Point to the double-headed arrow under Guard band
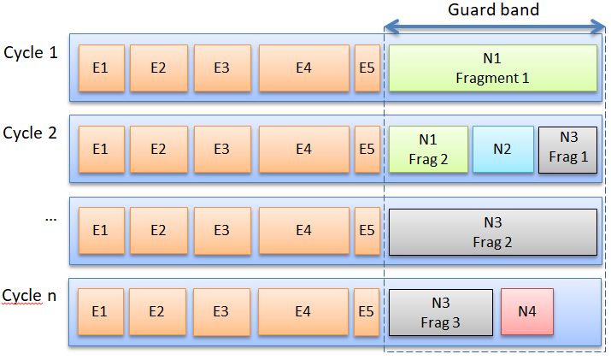(x=495, y=27)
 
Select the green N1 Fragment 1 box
(x=492, y=68)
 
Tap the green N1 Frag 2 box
(x=428, y=150)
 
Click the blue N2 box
(x=502, y=150)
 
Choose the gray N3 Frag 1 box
(x=567, y=150)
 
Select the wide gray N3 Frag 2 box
(x=492, y=231)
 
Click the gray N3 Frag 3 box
(x=441, y=312)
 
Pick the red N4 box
(x=527, y=312)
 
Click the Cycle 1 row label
(x=31, y=53)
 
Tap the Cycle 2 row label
(x=31, y=133)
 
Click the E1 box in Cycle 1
(x=101, y=68)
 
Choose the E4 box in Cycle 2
(x=303, y=150)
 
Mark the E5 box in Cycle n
(x=367, y=312)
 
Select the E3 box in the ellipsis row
(x=222, y=231)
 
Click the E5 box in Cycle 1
(x=367, y=68)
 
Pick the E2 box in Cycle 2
(x=158, y=150)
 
